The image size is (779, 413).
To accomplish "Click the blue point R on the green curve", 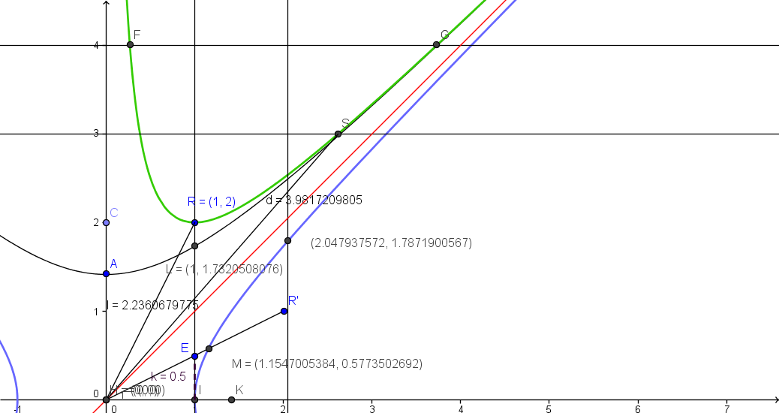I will [x=194, y=222].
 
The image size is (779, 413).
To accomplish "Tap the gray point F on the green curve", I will [x=130, y=45].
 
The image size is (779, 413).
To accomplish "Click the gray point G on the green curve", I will [x=436, y=45].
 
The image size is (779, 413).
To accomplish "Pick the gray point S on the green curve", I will [x=338, y=134].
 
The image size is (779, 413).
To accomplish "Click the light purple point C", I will [x=106, y=222].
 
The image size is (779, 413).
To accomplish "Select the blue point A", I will [x=106, y=273].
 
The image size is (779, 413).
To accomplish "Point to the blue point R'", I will [x=284, y=311].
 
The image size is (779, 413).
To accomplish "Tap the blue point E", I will [x=194, y=356].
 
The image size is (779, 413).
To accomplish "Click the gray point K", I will [x=231, y=399].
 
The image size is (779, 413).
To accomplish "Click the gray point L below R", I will [x=194, y=246].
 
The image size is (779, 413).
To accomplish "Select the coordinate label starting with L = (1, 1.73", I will [x=224, y=269].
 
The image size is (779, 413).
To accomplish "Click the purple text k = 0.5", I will [x=168, y=376].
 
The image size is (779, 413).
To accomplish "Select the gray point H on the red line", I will [x=106, y=399].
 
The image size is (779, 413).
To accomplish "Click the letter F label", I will [x=137, y=35].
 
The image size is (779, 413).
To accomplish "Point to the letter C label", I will [x=114, y=213].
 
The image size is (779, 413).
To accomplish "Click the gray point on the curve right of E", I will [x=209, y=348].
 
